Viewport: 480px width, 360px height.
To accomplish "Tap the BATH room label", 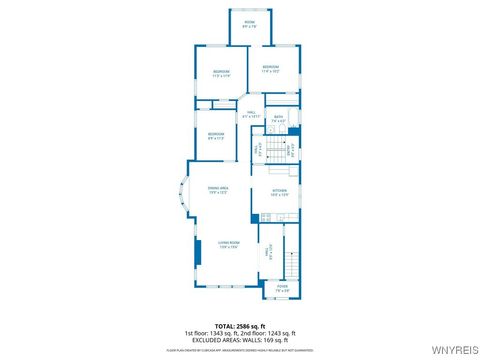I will coord(279,118).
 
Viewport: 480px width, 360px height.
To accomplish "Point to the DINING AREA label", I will coord(218,190).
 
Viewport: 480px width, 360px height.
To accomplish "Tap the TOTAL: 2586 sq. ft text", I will coord(239,325).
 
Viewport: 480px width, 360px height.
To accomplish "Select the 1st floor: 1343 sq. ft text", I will coord(211,332).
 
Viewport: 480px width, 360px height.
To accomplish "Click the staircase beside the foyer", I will coord(292,263).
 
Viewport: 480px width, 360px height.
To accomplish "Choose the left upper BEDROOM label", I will coord(221,72).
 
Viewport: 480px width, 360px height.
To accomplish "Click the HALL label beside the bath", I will coord(252,115).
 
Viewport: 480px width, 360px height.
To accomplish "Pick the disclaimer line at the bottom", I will coord(239,351).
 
